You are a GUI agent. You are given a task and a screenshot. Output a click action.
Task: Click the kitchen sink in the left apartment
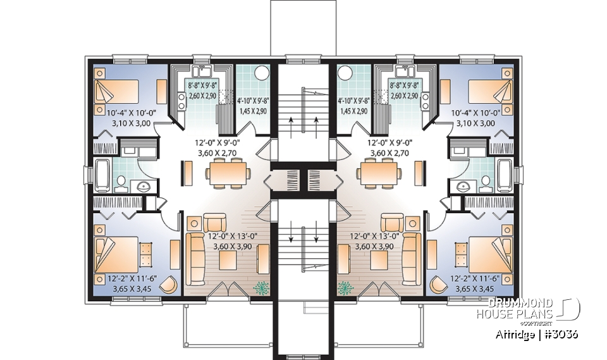(202, 70)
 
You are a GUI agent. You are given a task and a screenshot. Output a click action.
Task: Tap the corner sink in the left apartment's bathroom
(143, 186)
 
